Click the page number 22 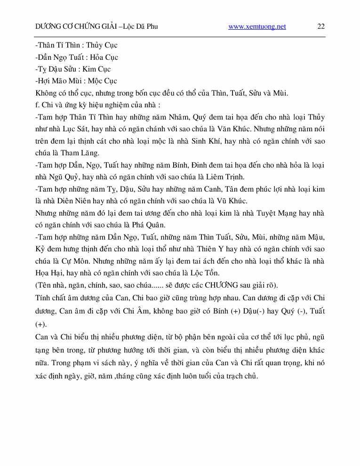320,26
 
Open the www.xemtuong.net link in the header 257,27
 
